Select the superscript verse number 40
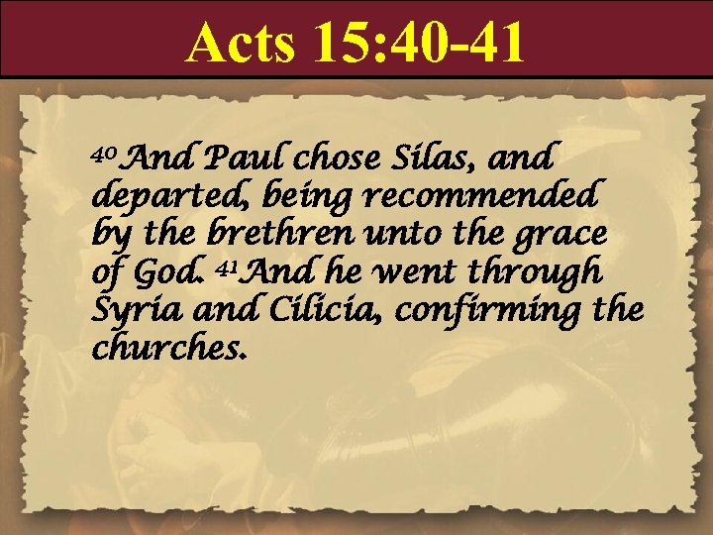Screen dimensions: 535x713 (x=105, y=153)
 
